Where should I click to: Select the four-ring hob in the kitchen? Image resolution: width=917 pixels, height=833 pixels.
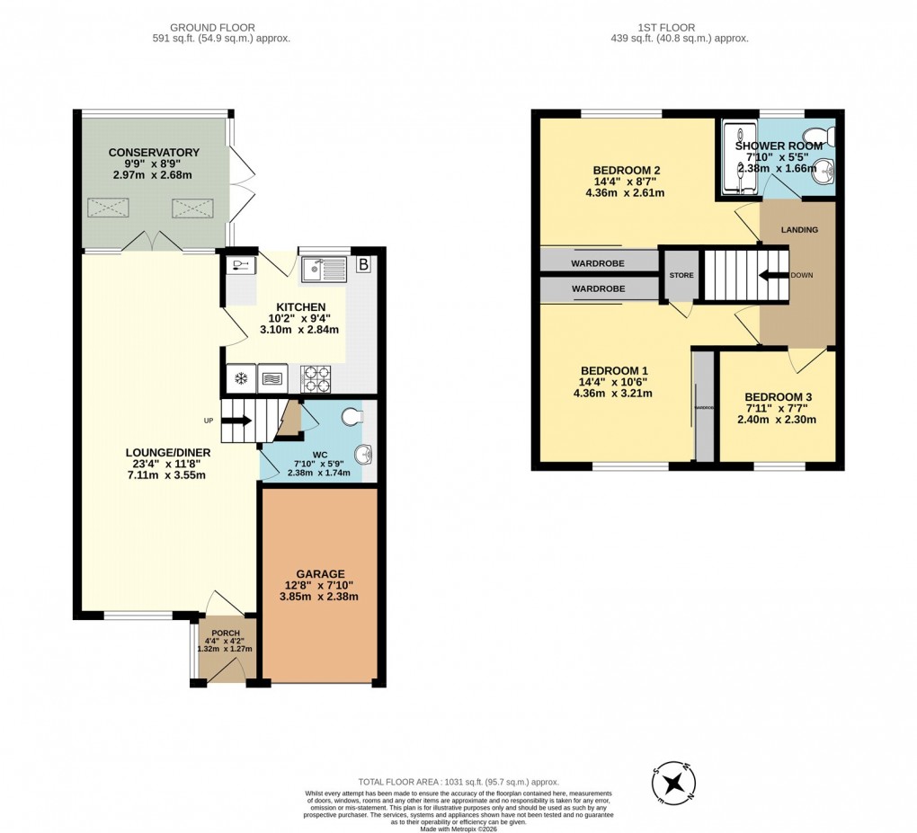tap(316, 379)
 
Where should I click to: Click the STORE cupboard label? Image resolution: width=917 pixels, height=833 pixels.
tap(681, 275)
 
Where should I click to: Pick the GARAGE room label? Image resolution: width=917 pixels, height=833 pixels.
tap(320, 573)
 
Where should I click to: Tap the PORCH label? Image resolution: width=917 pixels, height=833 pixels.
tap(225, 633)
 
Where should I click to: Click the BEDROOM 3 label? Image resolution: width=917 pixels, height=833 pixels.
tap(778, 397)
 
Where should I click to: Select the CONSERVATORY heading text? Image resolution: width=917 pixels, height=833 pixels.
tap(154, 153)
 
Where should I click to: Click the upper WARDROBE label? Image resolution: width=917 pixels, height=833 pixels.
tap(598, 263)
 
